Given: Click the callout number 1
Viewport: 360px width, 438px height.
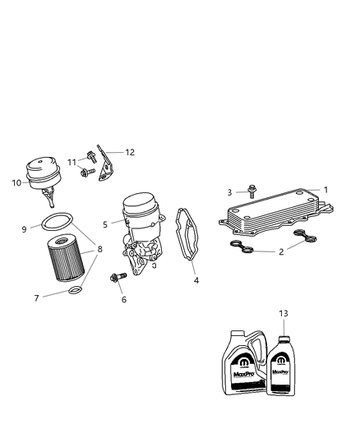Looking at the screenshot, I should click(x=325, y=190).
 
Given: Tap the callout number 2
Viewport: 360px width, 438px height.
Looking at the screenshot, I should click(x=281, y=251).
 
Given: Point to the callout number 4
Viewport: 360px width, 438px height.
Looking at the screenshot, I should click(x=196, y=281).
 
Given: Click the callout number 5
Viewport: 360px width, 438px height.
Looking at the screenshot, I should click(x=105, y=224).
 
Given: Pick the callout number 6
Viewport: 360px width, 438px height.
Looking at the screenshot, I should click(x=124, y=300).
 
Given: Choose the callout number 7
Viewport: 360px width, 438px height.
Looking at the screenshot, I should click(x=36, y=297).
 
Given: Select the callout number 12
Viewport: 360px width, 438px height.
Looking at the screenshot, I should click(x=130, y=152).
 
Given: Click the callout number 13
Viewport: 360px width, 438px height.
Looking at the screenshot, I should click(x=284, y=313).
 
